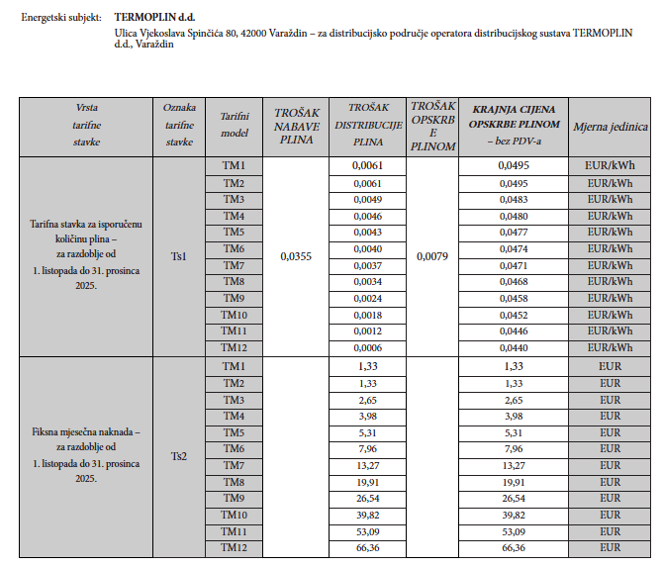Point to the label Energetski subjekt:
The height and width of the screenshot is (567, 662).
[61, 17]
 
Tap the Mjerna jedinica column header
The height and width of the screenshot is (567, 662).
[610, 127]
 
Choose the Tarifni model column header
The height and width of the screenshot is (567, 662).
[234, 125]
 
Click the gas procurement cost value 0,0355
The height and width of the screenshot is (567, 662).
[296, 256]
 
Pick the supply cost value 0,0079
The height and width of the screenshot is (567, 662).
[431, 256]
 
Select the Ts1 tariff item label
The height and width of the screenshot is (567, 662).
[179, 256]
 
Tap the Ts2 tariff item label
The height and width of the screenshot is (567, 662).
[179, 456]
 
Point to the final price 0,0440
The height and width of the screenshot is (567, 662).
[514, 347]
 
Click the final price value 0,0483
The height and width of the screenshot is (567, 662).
[514, 200]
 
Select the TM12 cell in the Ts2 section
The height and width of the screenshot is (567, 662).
[234, 547]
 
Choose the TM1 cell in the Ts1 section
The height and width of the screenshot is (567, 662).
[234, 165]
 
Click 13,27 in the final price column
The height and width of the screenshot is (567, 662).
[514, 466]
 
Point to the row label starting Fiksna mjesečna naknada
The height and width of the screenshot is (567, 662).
[85, 432]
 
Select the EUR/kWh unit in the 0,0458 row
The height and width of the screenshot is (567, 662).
[610, 298]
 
